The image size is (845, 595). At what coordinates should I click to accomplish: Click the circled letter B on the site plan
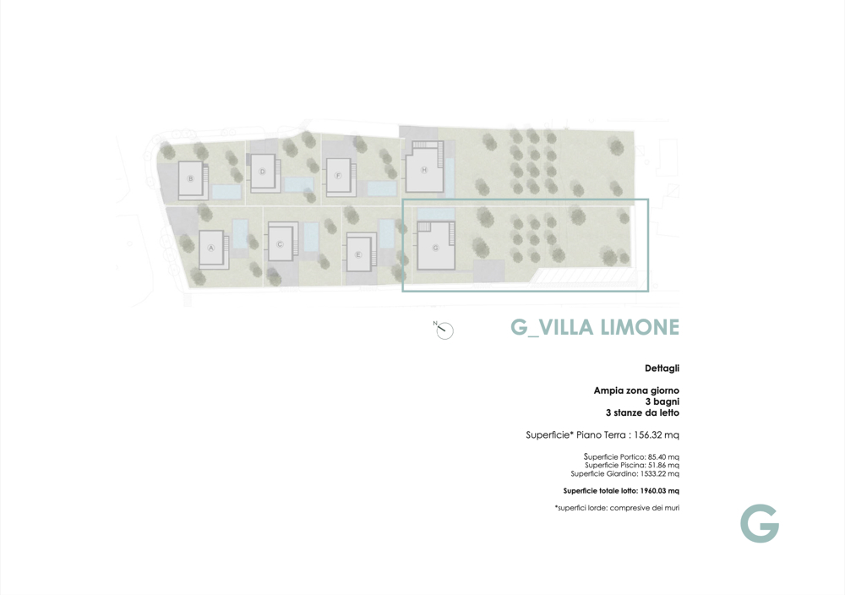click(x=190, y=178)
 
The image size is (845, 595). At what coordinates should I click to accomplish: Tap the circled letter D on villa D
click(x=263, y=172)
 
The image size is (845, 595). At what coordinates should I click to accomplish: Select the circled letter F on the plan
click(x=338, y=176)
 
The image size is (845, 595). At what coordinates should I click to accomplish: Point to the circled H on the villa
click(x=424, y=170)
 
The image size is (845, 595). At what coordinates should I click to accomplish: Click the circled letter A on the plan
click(x=211, y=248)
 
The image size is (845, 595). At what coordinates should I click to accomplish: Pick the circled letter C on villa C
click(x=280, y=244)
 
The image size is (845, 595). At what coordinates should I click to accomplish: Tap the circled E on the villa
click(x=357, y=254)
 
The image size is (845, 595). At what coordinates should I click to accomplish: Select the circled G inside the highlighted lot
click(x=435, y=248)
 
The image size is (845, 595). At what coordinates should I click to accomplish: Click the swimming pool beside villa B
click(x=226, y=191)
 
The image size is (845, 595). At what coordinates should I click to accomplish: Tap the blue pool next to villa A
click(x=240, y=233)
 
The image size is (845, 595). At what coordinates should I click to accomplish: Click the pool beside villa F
click(x=382, y=188)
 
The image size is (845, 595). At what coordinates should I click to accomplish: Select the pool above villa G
click(x=436, y=214)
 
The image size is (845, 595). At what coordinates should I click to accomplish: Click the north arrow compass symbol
click(x=444, y=330)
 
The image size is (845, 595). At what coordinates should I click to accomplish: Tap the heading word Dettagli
click(x=662, y=368)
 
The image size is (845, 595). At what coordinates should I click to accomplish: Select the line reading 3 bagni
click(x=662, y=401)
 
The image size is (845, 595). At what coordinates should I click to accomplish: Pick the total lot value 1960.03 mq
click(x=660, y=491)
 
